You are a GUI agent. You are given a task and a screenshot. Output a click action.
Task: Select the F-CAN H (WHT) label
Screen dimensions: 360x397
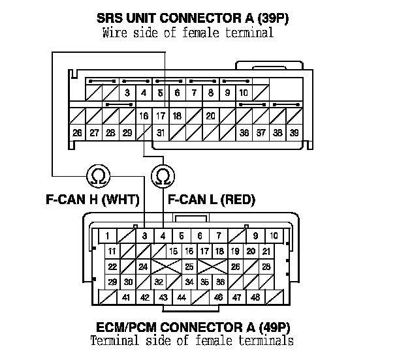pyautogui.click(x=99, y=200)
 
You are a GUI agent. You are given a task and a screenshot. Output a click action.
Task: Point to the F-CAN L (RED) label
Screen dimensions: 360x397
pyautogui.click(x=212, y=200)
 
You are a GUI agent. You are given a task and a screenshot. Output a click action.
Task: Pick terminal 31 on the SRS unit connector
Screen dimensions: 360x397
pyautogui.click(x=160, y=133)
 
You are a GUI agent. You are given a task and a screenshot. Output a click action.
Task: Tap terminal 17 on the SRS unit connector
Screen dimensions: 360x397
pyautogui.click(x=160, y=115)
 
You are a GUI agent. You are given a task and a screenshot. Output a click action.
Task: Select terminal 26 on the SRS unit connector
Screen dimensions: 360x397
pyautogui.click(x=78, y=133)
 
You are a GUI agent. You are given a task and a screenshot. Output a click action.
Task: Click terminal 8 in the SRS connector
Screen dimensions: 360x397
pyautogui.click(x=210, y=93)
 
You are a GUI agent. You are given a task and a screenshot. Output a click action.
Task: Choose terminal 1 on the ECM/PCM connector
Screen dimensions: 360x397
pyautogui.click(x=106, y=235)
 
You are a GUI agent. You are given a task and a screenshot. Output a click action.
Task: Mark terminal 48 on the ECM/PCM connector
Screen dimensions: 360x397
pyautogui.click(x=255, y=297)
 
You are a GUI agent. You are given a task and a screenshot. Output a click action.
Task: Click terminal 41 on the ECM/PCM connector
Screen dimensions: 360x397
pyautogui.click(x=126, y=297)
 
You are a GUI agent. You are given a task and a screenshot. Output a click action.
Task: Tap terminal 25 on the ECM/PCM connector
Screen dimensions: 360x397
pyautogui.click(x=189, y=267)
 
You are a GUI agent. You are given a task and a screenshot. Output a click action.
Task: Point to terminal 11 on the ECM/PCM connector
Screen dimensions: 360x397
pyautogui.click(x=112, y=251)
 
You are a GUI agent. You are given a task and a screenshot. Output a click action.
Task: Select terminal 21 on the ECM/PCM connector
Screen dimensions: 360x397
pyautogui.click(x=266, y=251)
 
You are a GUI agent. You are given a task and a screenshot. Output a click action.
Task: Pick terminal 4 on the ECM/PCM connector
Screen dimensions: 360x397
pyautogui.click(x=163, y=235)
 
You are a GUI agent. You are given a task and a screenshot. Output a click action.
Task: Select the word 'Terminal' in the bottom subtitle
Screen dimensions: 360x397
pyautogui.click(x=114, y=340)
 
